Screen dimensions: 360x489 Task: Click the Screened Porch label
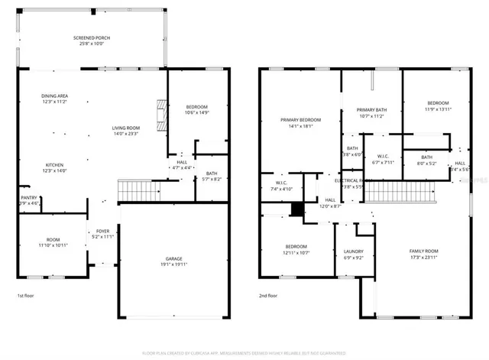(92, 37)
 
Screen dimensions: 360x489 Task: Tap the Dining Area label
(55, 96)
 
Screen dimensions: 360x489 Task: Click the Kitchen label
(53, 165)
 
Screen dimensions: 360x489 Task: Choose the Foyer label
(102, 231)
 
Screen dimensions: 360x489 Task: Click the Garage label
(174, 258)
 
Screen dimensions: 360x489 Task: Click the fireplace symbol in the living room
(160, 115)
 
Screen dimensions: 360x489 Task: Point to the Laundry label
(353, 251)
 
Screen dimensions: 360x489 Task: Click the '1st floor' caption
(28, 295)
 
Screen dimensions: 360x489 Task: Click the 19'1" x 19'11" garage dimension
(174, 264)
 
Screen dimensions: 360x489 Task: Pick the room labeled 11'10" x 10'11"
(53, 242)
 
